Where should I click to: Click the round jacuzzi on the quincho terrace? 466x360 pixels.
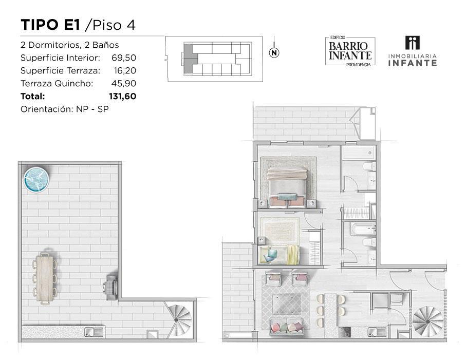36,180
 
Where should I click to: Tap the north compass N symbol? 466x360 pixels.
274,53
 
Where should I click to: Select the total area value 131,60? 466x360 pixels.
122,96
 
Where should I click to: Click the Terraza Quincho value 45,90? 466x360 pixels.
124,84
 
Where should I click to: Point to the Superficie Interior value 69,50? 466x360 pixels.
124,58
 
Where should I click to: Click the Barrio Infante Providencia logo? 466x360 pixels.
350,51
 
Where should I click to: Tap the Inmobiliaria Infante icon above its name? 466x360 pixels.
413,43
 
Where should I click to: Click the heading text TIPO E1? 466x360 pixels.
50,25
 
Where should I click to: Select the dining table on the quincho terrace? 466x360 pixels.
45,279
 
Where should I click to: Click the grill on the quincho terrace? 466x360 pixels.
110,287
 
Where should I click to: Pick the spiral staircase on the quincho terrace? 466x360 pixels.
178,320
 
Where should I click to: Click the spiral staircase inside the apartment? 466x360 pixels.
427,321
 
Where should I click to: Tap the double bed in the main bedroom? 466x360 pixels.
287,187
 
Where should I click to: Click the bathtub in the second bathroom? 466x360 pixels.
363,229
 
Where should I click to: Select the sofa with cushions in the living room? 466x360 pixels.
287,327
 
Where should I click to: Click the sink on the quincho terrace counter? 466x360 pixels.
94,332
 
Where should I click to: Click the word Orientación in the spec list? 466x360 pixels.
46,109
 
